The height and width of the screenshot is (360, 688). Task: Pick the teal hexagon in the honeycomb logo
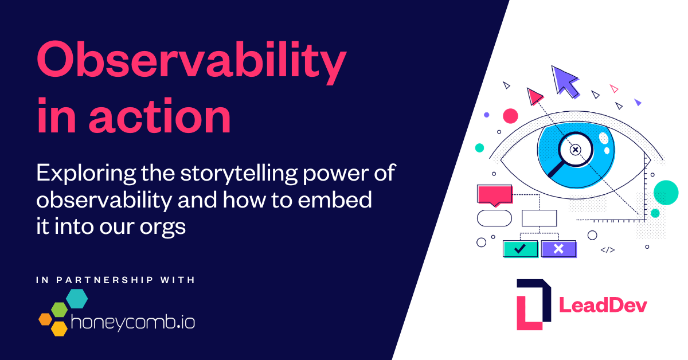coord(76,298)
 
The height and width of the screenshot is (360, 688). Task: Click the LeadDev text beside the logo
coord(603,306)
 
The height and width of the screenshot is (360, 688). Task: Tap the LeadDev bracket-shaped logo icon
coord(533,304)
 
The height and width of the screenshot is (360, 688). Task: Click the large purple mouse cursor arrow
coord(565,81)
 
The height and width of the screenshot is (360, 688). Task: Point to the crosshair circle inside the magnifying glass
coord(576,150)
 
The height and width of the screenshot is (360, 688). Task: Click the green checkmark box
coord(520,249)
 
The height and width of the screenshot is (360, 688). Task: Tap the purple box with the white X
coord(558,249)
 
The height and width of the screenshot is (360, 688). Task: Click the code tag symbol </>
coord(608,250)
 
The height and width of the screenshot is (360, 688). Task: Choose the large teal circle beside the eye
coord(666,192)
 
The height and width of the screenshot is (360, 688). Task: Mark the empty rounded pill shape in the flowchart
coord(494,218)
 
